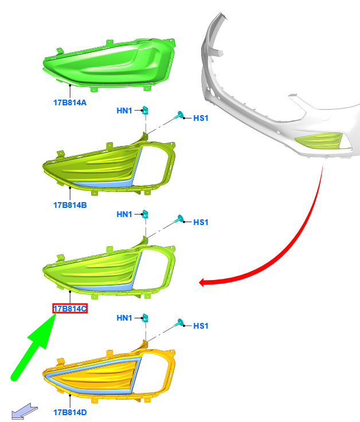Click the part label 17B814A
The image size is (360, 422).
(x=70, y=102)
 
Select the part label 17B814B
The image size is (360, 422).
(x=70, y=205)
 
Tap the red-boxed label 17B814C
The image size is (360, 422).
(x=70, y=309)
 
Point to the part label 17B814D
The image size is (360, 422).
(x=70, y=412)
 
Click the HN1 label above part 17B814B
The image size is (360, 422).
(x=124, y=111)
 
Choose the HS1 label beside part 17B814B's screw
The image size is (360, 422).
(x=201, y=118)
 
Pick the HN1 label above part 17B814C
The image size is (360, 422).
(x=124, y=214)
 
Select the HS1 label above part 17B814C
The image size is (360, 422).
(x=201, y=222)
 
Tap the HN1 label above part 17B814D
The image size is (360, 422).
(x=124, y=318)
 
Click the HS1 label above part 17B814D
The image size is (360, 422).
(x=201, y=326)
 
